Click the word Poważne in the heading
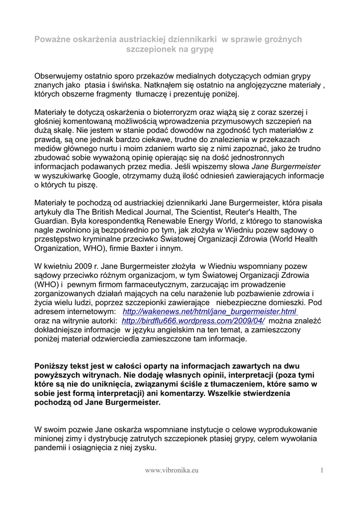point(52,39)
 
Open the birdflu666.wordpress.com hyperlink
point(193,321)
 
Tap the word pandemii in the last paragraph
point(53,447)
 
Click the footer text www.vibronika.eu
point(173,470)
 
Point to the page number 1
point(322,470)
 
